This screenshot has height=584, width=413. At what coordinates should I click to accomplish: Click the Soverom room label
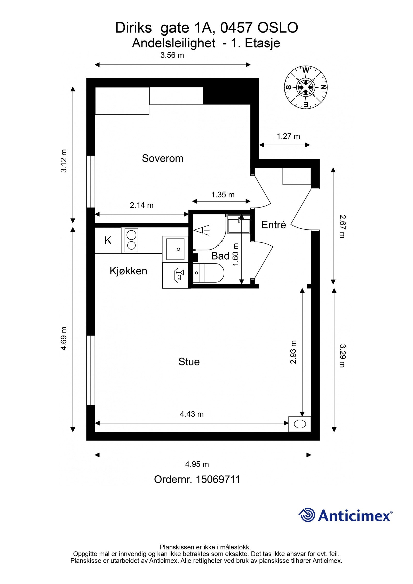point(163,158)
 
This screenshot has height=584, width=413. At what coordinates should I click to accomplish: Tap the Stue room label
point(189,362)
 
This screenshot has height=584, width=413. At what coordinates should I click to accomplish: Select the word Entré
point(274,225)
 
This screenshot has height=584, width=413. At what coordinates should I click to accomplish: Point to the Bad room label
point(220,256)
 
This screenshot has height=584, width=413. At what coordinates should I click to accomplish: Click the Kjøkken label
point(128,271)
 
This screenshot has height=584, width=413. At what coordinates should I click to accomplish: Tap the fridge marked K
point(108,241)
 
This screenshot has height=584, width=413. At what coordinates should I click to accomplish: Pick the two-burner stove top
point(131,240)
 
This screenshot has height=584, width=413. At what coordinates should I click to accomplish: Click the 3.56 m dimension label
point(172,55)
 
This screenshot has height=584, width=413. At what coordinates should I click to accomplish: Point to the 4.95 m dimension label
point(197,464)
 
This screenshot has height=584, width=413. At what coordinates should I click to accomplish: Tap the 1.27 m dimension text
point(288,136)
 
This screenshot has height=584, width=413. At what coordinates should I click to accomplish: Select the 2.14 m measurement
point(141,205)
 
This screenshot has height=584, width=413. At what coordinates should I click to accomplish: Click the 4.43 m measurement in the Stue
point(192,414)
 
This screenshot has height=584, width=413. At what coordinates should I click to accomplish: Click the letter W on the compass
point(306,70)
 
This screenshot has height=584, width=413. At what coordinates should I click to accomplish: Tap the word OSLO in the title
point(278,28)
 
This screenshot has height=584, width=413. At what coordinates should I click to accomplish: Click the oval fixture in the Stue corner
point(300,424)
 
